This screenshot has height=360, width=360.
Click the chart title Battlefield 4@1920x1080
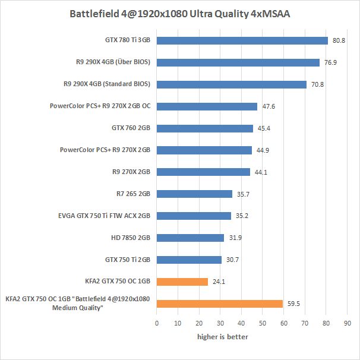180,13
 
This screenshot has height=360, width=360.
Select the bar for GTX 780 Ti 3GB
242,40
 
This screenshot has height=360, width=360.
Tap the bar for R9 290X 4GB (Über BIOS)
238,62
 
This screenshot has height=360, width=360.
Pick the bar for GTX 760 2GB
205,128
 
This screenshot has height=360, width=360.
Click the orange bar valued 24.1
182,282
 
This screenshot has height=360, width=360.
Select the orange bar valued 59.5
220,304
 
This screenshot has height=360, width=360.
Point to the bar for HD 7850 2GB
191,238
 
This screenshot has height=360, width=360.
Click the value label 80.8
339,40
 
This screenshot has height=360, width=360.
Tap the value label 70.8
318,84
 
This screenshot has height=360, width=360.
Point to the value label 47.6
269,106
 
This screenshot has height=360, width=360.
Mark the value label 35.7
244,194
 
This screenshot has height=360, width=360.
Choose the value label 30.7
233,260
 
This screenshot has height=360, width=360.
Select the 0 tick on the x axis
157,324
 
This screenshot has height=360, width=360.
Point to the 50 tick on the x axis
263,324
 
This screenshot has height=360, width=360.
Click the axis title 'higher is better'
223,337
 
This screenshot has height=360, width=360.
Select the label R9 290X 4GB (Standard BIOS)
106,84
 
